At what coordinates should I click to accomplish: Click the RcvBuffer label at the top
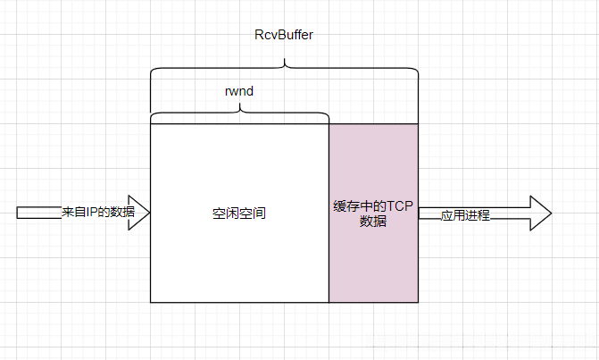[x=284, y=34]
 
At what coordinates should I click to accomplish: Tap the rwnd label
[x=238, y=90]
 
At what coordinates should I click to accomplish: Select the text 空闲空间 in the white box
[x=239, y=213]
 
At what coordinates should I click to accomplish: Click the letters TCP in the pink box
[x=399, y=205]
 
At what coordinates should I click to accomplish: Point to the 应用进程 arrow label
[x=465, y=215]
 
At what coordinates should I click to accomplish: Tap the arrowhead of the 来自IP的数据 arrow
[x=141, y=213]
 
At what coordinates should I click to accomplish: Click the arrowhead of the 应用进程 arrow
[x=539, y=213]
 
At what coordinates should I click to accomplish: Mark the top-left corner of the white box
[x=151, y=124]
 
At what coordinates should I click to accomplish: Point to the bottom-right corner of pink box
[x=418, y=302]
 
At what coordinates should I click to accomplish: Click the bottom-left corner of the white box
[x=151, y=302]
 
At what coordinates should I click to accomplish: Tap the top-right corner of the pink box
[x=418, y=124]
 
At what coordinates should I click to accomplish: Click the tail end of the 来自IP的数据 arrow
[x=19, y=213]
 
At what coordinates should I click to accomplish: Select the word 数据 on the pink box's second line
[x=373, y=222]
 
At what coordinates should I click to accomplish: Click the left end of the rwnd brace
[x=152, y=120]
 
